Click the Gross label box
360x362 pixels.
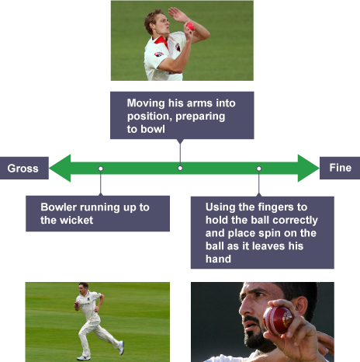coord(24,168)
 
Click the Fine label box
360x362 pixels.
coord(340,168)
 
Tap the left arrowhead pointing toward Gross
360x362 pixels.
coord(60,168)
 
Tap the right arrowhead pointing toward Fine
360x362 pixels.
coord(308,168)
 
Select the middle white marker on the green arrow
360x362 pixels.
coord(180,169)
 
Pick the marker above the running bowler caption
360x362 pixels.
coord(101,169)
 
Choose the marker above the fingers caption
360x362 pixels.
coord(259,169)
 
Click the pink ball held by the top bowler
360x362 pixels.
coord(190,26)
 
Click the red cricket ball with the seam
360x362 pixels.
coord(278,320)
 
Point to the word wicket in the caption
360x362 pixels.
coord(76,221)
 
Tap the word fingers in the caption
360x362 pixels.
coord(276,207)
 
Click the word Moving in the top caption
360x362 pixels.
coord(146,103)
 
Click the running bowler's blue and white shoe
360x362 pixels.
coord(121,347)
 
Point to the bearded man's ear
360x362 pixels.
coord(300,305)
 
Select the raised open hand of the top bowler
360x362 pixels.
coord(178,14)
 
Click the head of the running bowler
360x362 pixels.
coord(84,287)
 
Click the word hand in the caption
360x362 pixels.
coord(218,259)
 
